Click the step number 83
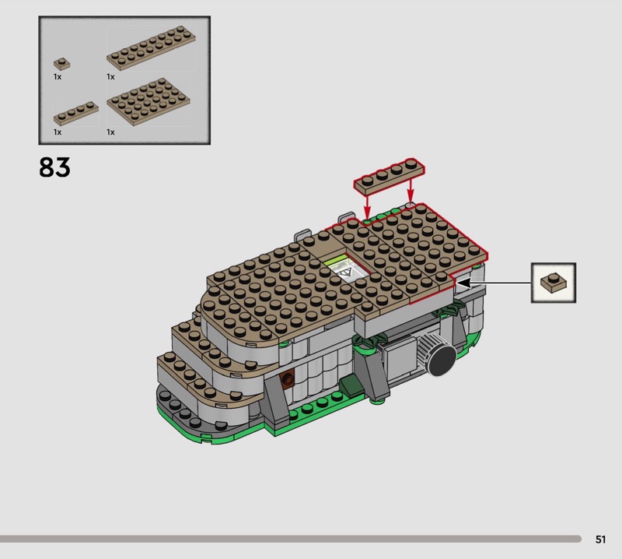pyautogui.click(x=54, y=167)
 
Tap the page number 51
pyautogui.click(x=600, y=539)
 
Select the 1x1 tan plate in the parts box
pyautogui.click(x=62, y=63)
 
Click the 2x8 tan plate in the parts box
pyautogui.click(x=151, y=48)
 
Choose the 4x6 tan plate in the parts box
pyautogui.click(x=149, y=102)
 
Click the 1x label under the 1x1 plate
pyautogui.click(x=58, y=76)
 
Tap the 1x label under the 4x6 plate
pyautogui.click(x=110, y=132)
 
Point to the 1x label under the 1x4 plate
pyautogui.click(x=58, y=132)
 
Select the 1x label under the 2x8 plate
pyautogui.click(x=110, y=76)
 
